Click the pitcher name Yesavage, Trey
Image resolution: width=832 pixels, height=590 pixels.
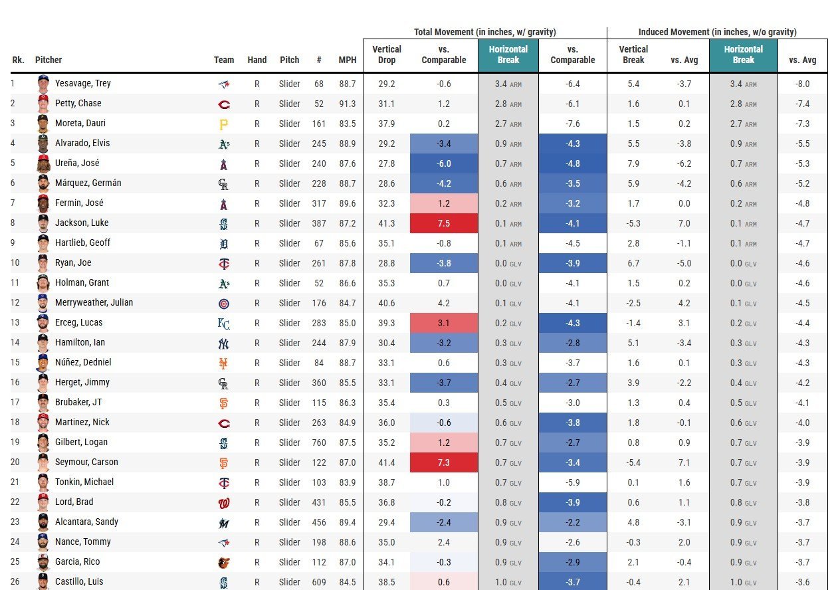82,84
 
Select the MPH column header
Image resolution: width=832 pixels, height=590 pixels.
347,60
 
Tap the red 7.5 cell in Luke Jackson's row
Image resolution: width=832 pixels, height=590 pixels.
443,223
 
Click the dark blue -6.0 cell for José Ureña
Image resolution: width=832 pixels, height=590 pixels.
443,163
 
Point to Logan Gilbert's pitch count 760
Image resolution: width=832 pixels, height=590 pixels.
319,442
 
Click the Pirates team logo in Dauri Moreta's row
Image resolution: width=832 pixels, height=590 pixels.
224,124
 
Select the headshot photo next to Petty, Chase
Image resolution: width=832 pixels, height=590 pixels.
43,104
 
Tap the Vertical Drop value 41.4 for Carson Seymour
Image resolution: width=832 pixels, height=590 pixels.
386,462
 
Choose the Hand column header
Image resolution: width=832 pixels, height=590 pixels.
257,60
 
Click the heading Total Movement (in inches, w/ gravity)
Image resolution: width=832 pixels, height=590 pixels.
484,32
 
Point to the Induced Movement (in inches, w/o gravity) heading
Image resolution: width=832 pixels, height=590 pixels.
717,32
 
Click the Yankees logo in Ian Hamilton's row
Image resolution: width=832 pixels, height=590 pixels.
224,344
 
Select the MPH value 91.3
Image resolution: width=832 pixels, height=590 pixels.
347,104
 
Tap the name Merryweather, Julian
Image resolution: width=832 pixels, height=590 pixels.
94,303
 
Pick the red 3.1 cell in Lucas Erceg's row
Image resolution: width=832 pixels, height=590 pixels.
443,323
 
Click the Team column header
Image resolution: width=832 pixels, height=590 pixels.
224,60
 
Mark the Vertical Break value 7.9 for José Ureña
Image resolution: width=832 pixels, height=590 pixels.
633,163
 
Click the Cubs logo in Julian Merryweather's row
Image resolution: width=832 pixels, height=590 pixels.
224,304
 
